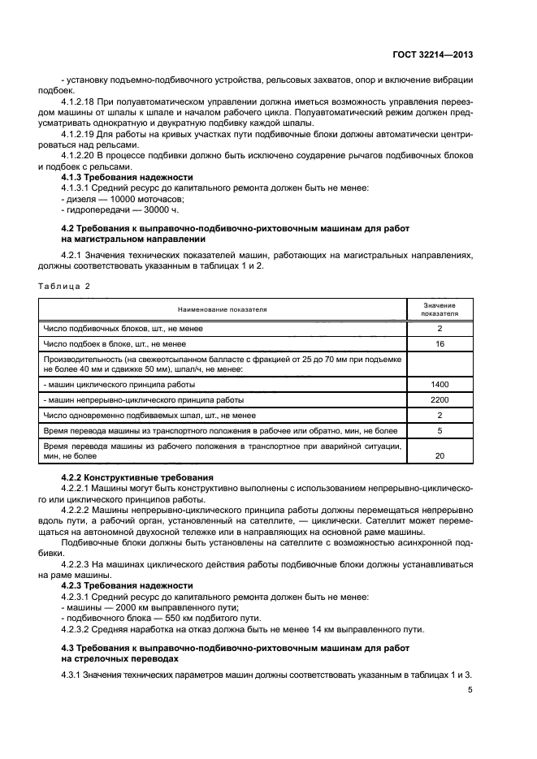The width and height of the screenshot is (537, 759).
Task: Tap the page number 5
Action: (470, 689)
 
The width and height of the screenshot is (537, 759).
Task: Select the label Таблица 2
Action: (64, 287)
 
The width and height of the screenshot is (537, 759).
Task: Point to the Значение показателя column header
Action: (440, 309)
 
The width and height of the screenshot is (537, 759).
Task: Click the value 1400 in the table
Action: (440, 384)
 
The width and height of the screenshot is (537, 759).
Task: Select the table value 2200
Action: (440, 399)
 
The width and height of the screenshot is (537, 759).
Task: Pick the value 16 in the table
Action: (440, 344)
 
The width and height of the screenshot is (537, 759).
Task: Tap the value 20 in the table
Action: (440, 456)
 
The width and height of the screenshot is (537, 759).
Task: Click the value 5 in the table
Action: (440, 430)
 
